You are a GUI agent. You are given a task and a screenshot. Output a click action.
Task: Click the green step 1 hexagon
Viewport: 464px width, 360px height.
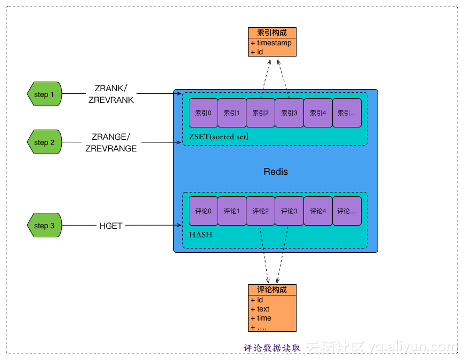pos(44,94)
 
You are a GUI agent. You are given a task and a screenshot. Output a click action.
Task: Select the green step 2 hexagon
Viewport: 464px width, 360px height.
pos(44,142)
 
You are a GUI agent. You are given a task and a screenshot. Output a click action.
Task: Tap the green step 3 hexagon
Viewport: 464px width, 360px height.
pos(44,226)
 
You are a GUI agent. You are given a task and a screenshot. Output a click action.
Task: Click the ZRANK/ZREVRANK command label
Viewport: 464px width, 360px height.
pos(111,94)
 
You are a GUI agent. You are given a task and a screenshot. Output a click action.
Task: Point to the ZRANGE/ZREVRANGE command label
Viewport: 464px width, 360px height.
pos(111,143)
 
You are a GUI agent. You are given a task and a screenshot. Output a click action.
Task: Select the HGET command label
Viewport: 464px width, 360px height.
pos(111,226)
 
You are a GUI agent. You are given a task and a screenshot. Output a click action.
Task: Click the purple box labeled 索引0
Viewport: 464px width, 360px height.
pos(203,113)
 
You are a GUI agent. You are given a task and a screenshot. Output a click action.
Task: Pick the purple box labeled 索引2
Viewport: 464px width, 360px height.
pos(261,113)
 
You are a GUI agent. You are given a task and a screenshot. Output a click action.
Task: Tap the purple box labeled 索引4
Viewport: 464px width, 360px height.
pos(318,113)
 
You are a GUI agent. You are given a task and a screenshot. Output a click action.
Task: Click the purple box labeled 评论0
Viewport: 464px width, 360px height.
pos(203,211)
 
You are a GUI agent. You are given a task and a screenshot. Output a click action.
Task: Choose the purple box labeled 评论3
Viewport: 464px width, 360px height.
pos(289,211)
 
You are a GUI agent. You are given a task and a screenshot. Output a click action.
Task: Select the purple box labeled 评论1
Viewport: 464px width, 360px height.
pos(231,211)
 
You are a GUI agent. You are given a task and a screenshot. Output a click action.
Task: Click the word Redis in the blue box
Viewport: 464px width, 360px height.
pos(276,172)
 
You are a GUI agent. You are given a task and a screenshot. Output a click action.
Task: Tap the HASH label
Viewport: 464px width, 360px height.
pos(199,235)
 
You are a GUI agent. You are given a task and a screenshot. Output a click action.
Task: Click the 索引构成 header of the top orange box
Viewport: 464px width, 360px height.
pos(272,33)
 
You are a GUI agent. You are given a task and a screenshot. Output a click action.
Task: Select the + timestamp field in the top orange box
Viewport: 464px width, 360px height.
pos(271,43)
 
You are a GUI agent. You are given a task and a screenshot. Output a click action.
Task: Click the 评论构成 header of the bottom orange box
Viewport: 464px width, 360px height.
pos(272,290)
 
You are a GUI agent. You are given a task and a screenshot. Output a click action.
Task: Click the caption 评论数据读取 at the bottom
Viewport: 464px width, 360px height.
pos(272,348)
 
